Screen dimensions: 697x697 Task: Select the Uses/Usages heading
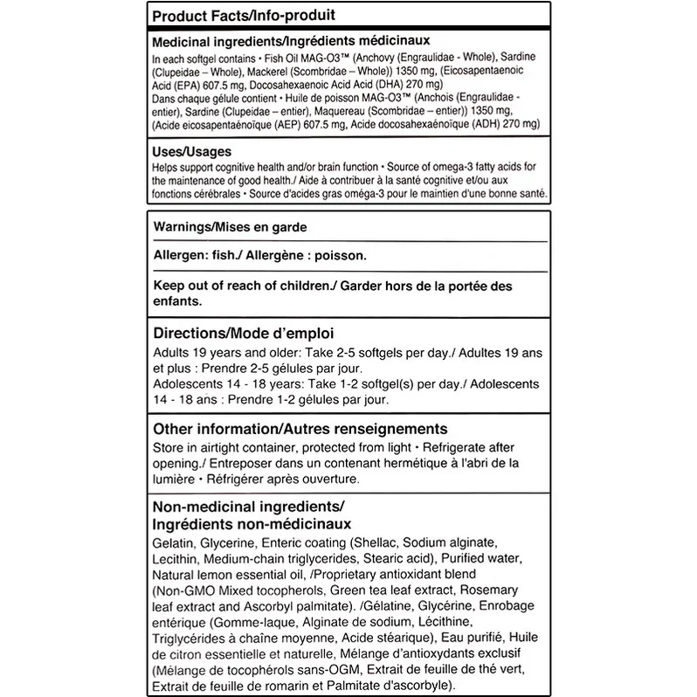pyautogui.click(x=192, y=151)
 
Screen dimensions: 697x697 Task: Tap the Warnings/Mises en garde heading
pyautogui.click(x=231, y=226)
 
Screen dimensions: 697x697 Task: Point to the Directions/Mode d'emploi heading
pyautogui.click(x=242, y=334)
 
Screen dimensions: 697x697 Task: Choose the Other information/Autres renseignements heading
pyautogui.click(x=300, y=429)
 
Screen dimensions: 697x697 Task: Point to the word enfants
pyautogui.click(x=177, y=300)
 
